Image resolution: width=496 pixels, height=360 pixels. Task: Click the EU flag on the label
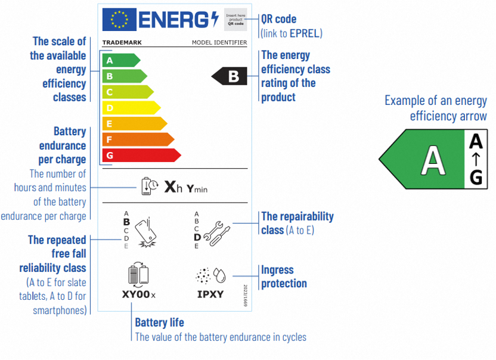[119, 20]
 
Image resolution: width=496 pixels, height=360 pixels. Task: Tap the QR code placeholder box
[235, 20]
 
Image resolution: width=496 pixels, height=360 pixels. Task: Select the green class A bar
[120, 60]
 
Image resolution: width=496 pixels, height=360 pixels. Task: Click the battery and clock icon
[149, 187]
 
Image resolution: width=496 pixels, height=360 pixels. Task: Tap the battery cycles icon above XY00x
[138, 275]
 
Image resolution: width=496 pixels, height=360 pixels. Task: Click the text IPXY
[210, 294]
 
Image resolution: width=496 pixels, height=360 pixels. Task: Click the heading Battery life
[159, 322]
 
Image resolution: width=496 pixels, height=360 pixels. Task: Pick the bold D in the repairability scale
[197, 236]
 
